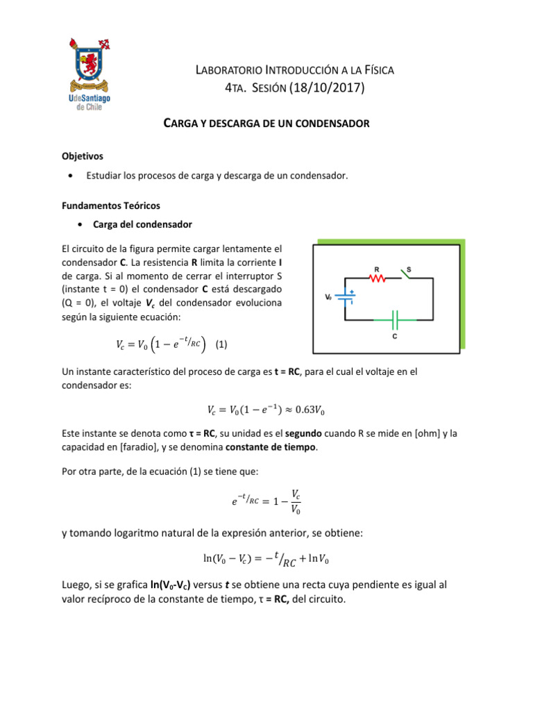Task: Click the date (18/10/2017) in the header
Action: tap(322, 88)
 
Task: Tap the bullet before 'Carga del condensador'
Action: tap(82, 225)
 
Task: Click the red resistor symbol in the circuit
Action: tap(376, 278)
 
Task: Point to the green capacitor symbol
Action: tap(395, 320)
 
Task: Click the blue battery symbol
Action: tap(346, 297)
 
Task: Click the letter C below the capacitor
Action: tap(395, 337)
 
